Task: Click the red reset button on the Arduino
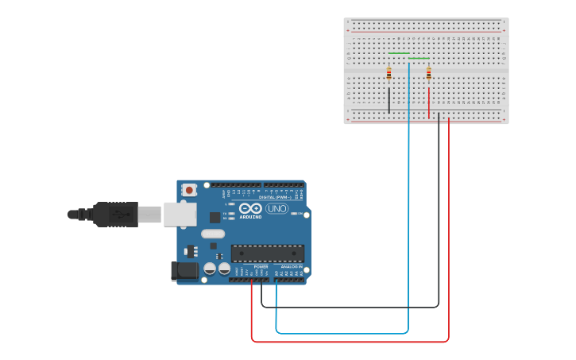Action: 190,190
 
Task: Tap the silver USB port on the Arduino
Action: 180,215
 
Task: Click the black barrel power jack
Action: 185,271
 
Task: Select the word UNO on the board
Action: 276,208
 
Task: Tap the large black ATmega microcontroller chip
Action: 267,254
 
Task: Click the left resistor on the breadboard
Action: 389,73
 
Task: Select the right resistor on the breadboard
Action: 429,73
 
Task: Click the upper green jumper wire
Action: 399,53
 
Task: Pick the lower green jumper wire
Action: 419,58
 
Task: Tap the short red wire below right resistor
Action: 429,102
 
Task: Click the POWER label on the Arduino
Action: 261,266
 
